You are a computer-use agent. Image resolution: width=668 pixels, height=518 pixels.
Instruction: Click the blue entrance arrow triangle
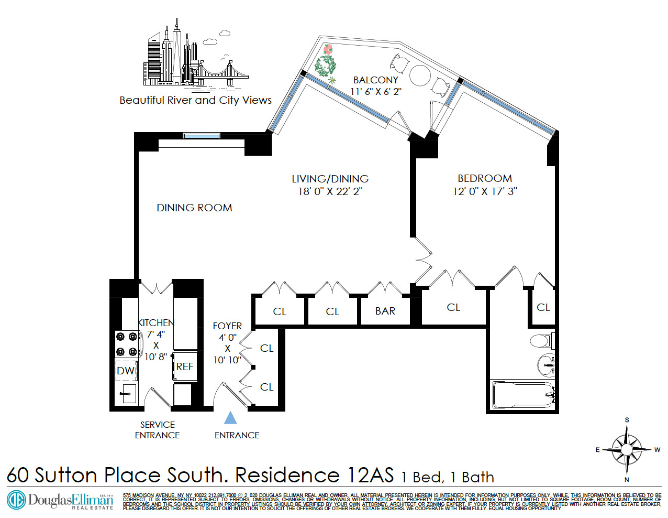(x=230, y=418)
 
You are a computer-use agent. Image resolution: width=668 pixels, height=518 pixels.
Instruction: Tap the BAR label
(x=385, y=311)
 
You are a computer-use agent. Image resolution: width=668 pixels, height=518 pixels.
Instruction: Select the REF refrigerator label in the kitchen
(x=185, y=366)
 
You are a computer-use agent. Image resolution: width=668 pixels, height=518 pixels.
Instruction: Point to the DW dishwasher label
(x=126, y=371)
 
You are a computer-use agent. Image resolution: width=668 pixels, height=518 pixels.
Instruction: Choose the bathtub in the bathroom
(x=522, y=395)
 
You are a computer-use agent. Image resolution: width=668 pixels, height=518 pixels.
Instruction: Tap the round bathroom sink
(x=546, y=364)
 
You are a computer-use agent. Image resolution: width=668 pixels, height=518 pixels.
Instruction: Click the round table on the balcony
(x=420, y=75)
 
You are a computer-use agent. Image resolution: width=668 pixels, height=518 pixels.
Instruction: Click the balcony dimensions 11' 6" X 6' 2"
(x=376, y=91)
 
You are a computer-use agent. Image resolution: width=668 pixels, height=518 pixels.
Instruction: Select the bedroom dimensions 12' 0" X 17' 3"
(x=485, y=191)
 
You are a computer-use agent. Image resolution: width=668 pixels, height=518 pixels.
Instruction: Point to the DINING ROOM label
(x=194, y=208)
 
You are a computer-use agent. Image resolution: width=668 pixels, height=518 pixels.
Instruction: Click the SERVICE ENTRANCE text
(x=157, y=430)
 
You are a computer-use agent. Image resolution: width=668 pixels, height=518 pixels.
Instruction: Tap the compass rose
(x=627, y=449)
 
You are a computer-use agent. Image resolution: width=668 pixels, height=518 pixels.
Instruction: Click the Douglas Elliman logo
(x=60, y=500)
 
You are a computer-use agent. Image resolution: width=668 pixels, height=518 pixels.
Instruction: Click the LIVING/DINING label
(x=330, y=179)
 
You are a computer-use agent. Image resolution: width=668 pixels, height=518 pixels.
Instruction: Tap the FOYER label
(x=227, y=326)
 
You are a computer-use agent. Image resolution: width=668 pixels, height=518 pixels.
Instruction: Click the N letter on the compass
(x=627, y=479)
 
